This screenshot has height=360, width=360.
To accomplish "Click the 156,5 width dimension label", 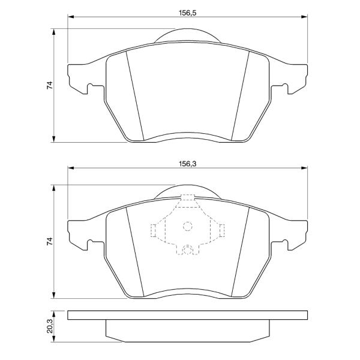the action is click(x=188, y=13).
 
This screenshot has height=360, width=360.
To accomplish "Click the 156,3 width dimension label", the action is click(x=188, y=164).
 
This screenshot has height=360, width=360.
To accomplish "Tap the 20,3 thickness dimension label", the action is click(x=50, y=326).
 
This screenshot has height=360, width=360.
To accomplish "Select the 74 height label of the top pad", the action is click(x=50, y=85).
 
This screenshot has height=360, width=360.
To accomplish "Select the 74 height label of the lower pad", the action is click(x=50, y=242).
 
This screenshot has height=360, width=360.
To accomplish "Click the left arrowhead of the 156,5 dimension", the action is click(x=71, y=17).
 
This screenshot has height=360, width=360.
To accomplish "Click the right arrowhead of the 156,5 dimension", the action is click(x=304, y=17).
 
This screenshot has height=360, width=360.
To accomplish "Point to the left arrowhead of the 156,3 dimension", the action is click(x=71, y=168).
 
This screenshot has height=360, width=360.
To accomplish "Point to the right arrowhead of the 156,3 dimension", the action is click(x=304, y=168).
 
